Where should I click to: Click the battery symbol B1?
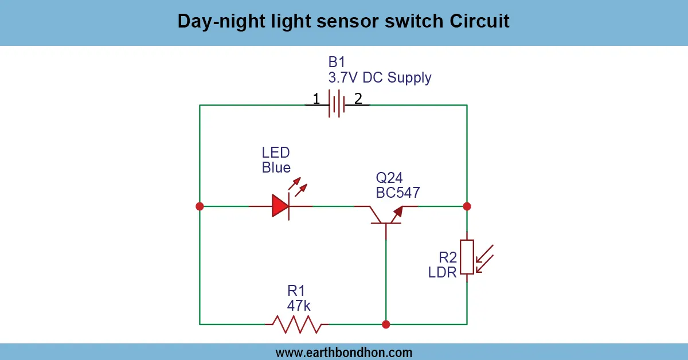(x=337, y=104)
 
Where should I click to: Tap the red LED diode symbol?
(x=281, y=206)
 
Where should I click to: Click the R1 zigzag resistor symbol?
(x=296, y=324)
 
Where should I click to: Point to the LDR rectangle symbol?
(x=467, y=257)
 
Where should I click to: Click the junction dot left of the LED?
(x=200, y=206)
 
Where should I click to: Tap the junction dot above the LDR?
(x=467, y=206)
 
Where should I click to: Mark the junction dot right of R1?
(x=386, y=324)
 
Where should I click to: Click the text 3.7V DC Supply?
(x=380, y=78)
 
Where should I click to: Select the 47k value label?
(x=299, y=305)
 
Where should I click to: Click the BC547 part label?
(x=397, y=193)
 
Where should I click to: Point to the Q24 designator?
(x=389, y=178)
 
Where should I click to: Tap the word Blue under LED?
(x=276, y=168)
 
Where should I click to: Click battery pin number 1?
(x=316, y=99)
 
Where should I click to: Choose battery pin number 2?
(x=358, y=99)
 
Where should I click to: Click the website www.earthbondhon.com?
(x=344, y=352)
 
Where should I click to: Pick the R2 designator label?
(x=448, y=257)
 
